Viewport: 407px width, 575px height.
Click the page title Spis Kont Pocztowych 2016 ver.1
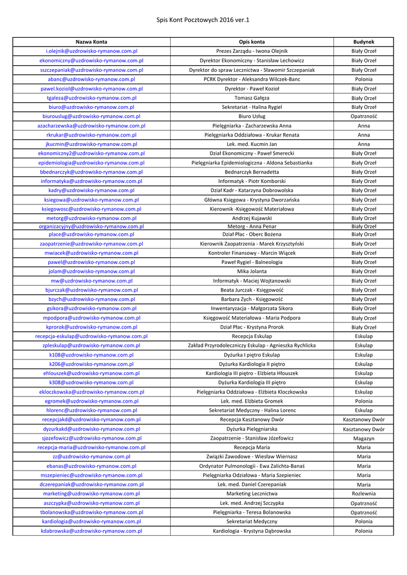pos(203,20)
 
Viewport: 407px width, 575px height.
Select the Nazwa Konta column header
pos(92,42)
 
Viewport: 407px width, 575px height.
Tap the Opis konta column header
pos(251,42)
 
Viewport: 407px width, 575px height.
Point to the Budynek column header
pos(364,42)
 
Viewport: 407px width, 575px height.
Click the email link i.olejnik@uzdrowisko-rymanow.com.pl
pos(92,51)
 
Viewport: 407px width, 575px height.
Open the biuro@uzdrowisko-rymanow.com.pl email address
pos(92,107)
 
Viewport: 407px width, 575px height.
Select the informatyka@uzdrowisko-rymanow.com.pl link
pos(92,181)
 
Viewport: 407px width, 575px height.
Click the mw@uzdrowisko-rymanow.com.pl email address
pos(92,281)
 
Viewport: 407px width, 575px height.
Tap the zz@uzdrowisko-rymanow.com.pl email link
pos(92,457)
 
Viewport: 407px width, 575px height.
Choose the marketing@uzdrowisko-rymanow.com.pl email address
pos(92,494)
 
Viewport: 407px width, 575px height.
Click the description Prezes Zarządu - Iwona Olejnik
pos(251,51)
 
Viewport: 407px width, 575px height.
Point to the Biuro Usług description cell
pos(251,116)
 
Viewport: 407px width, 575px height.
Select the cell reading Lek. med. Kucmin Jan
pos(251,144)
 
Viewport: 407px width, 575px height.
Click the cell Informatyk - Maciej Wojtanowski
pos(251,281)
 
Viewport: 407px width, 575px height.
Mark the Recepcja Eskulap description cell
pos(251,336)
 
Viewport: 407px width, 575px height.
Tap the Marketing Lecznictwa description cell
pos(251,494)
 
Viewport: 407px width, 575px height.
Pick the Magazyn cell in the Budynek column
pos(364,438)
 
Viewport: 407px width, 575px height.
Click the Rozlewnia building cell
pos(364,494)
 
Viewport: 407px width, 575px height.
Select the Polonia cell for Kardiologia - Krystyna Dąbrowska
pos(364,531)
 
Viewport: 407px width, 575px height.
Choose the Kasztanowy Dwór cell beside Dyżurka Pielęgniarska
pos(364,429)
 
